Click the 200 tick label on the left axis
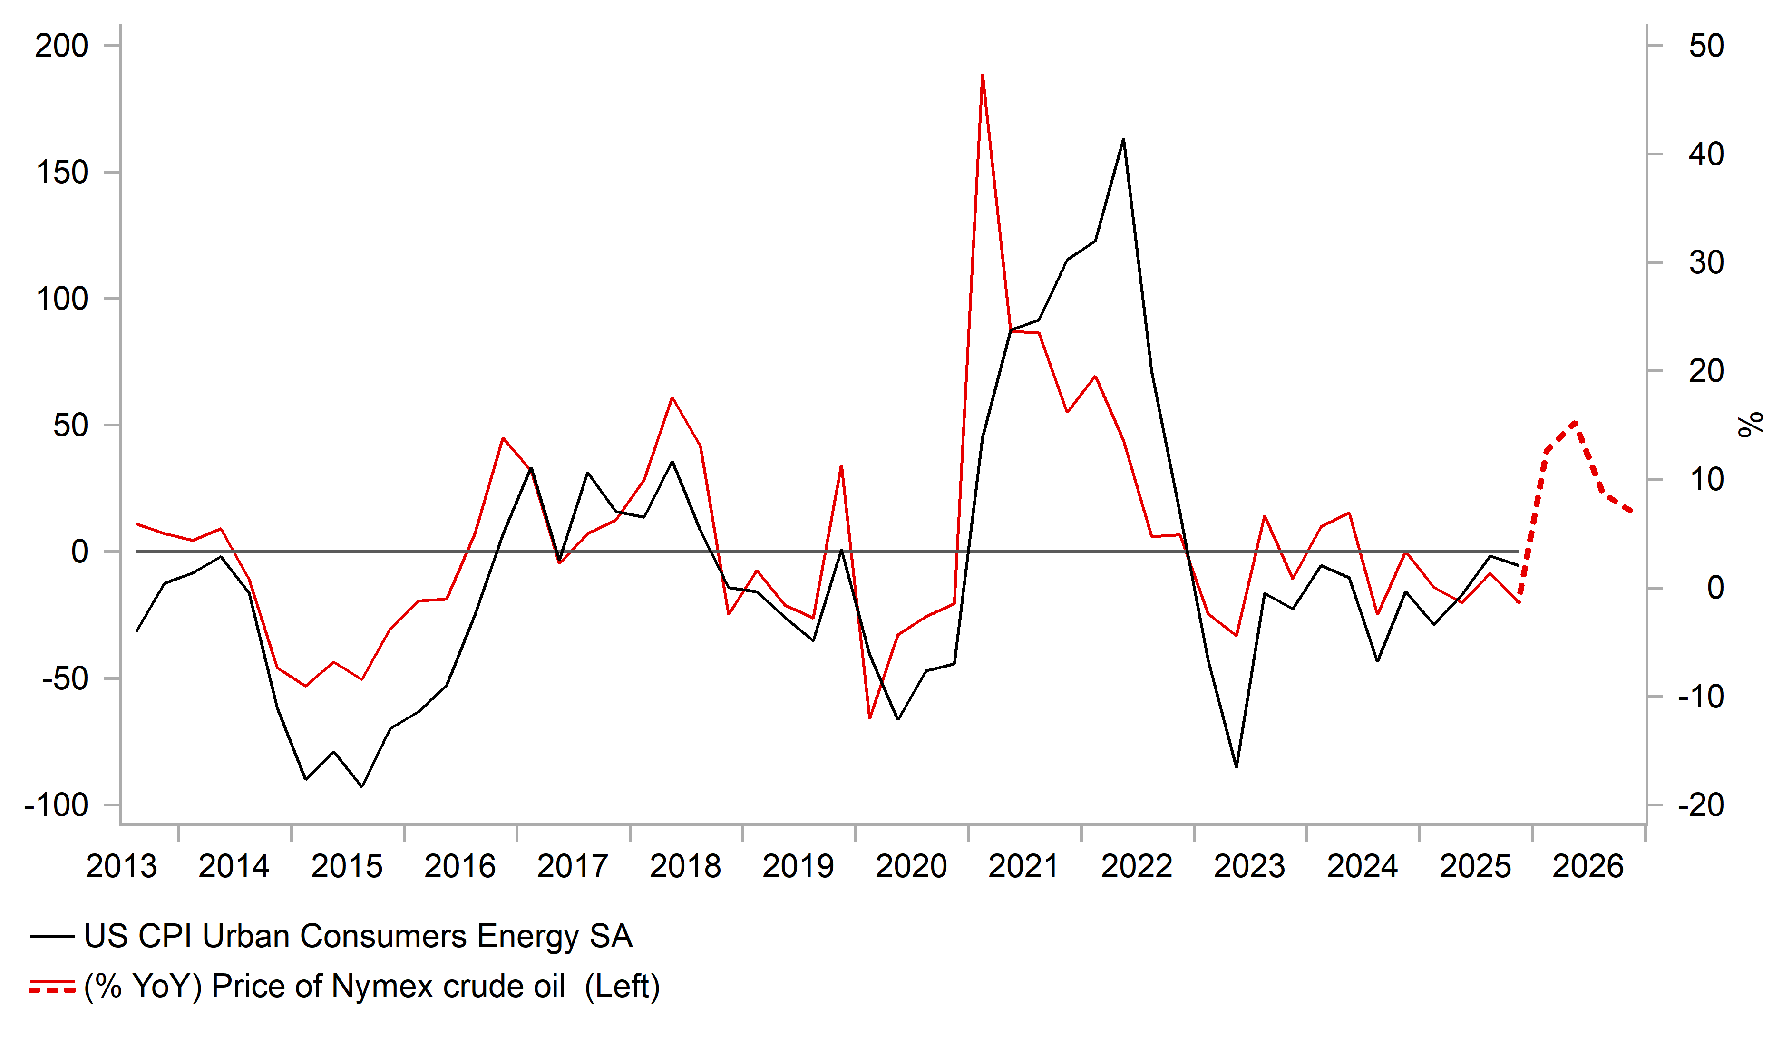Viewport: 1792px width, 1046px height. point(62,46)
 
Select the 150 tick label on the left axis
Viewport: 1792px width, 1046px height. point(62,173)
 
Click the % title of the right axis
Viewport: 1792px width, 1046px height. point(1751,425)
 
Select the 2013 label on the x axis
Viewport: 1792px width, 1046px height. point(121,867)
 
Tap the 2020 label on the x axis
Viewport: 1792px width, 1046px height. point(911,867)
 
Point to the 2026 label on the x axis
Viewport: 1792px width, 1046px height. point(1588,867)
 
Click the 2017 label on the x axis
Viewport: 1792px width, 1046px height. point(573,867)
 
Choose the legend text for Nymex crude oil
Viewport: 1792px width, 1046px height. point(372,987)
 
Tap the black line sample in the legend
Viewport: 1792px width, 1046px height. point(52,937)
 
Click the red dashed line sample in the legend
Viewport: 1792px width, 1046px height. point(52,987)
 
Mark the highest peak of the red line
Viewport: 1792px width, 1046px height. point(982,75)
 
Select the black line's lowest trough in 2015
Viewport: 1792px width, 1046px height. point(362,786)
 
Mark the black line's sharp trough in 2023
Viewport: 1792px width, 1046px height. point(1237,766)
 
